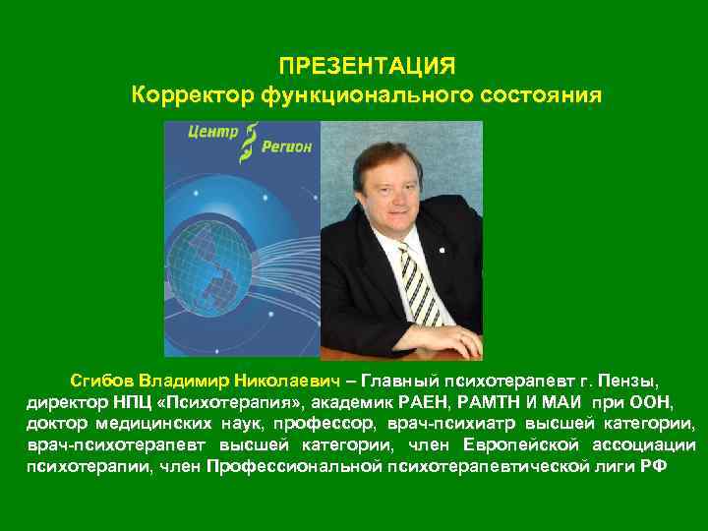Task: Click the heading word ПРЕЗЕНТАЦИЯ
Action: [367, 67]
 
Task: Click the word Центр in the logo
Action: [213, 136]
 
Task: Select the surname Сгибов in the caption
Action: [101, 380]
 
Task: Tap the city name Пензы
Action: [633, 380]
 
